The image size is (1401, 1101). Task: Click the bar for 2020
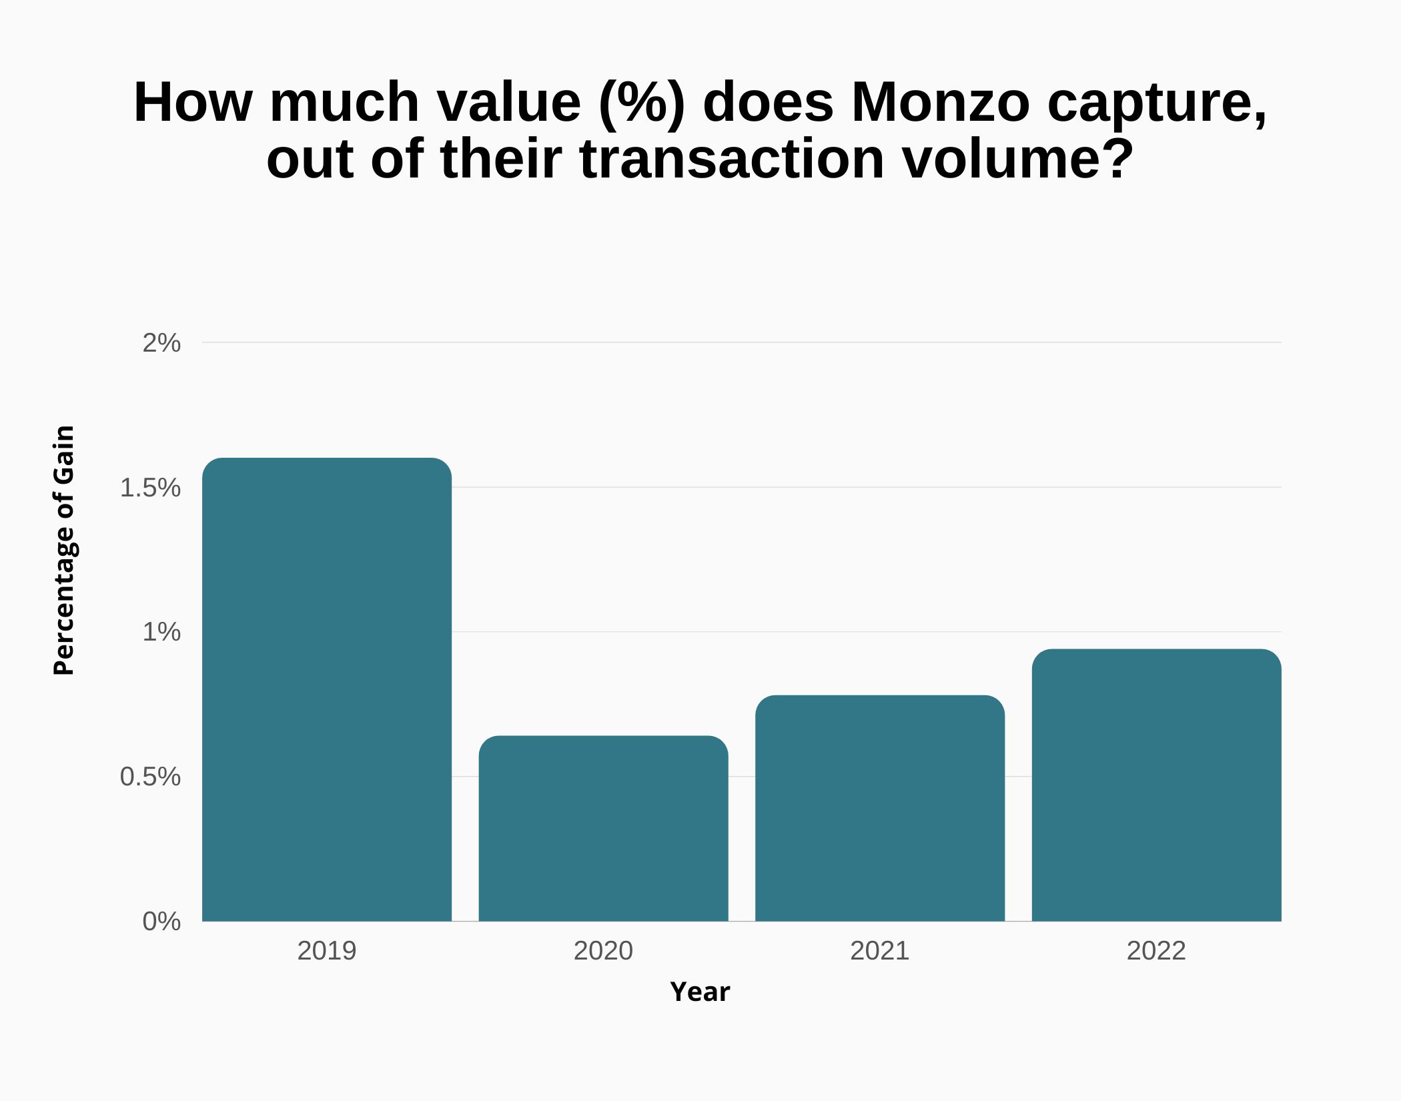(603, 828)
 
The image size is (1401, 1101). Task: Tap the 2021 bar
(880, 808)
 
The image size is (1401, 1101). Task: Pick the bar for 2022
(1156, 785)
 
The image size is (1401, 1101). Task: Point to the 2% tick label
(161, 343)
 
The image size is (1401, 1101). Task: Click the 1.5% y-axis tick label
(150, 488)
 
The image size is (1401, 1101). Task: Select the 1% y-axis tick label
(161, 632)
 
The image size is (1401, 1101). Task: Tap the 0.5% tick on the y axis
(150, 777)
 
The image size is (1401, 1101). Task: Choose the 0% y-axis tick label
(161, 922)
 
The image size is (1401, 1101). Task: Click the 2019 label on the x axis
(327, 951)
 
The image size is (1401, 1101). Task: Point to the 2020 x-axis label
(603, 951)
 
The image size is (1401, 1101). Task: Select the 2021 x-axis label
(880, 951)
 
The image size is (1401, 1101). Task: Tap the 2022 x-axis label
(1156, 951)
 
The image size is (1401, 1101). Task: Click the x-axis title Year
(700, 992)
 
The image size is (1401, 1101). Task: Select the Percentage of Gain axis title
(64, 550)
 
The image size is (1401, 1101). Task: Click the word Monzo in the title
(941, 103)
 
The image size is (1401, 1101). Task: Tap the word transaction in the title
(732, 159)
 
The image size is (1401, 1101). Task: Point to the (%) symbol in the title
(642, 103)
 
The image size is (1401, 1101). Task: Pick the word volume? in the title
(1018, 159)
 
